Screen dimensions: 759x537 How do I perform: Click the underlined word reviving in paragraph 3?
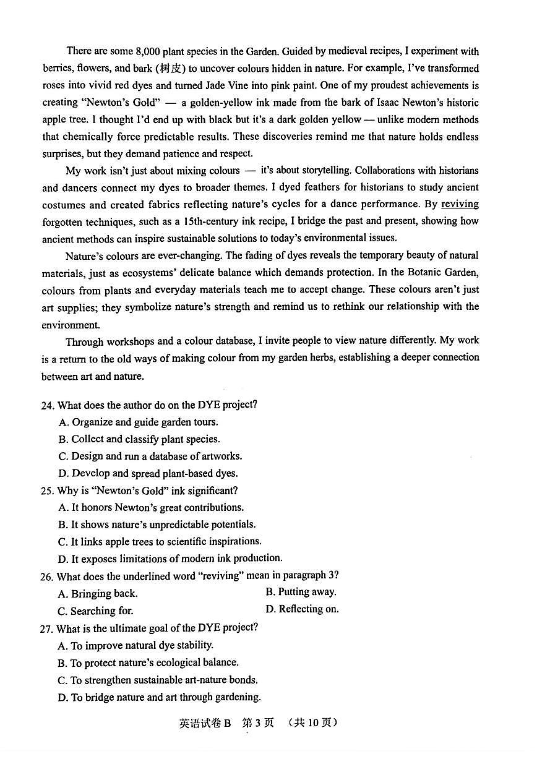coord(460,204)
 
